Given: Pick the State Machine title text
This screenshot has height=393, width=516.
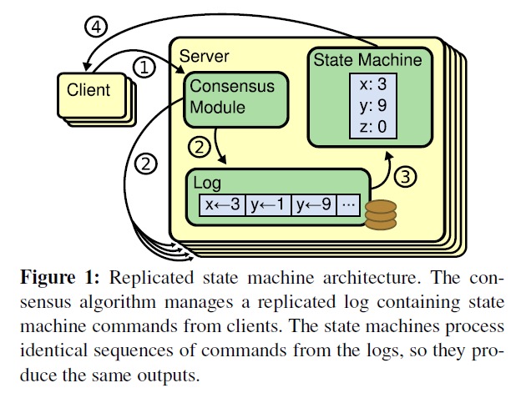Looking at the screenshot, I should pyautogui.click(x=367, y=60).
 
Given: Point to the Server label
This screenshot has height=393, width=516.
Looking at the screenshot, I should pyautogui.click(x=205, y=55).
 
